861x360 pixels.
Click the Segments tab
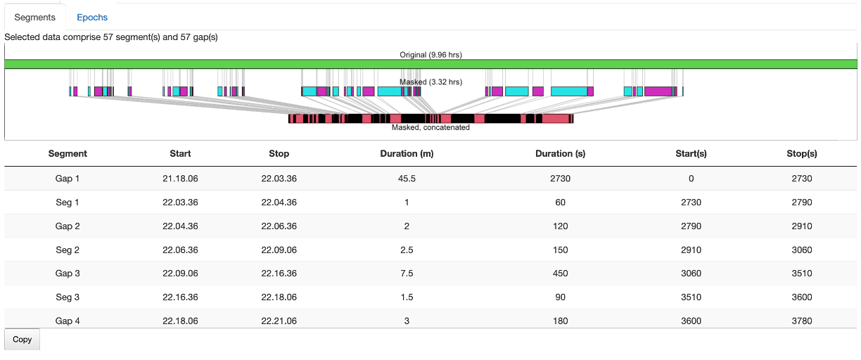point(34,16)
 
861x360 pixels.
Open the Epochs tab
point(92,16)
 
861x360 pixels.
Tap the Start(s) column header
point(691,153)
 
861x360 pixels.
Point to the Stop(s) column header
point(801,153)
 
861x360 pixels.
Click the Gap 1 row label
point(68,179)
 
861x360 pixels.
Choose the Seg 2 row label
point(68,250)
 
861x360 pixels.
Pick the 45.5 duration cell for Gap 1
point(407,179)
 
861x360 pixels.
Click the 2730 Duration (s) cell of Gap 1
point(560,179)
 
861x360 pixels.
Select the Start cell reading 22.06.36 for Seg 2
point(180,250)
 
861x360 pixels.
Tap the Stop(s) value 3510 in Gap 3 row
point(801,274)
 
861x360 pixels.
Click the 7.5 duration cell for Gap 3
point(407,274)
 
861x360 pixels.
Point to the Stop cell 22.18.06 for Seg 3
point(279,297)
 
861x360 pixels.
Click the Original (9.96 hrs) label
point(431,54)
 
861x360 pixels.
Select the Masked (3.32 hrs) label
point(431,82)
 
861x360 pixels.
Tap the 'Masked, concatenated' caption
point(431,127)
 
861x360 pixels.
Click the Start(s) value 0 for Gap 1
point(691,179)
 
